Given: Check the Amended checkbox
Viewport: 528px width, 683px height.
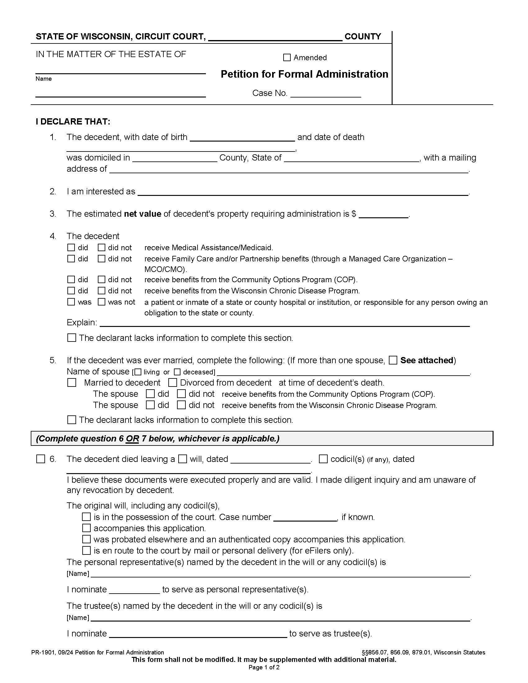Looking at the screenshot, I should point(287,57).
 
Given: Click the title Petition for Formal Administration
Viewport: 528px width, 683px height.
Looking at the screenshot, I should point(304,74).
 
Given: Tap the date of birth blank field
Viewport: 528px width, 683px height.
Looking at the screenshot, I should point(242,138).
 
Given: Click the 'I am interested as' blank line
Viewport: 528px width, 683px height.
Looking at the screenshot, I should point(303,192).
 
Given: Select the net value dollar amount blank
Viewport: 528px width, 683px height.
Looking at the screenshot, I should point(384,214).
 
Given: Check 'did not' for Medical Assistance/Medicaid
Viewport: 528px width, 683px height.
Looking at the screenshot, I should point(101,248).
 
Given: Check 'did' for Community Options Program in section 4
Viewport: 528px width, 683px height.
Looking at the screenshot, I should point(71,279).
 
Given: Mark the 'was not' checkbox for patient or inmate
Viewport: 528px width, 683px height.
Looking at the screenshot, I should point(101,302).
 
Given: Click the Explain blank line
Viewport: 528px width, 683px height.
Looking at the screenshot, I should point(284,323).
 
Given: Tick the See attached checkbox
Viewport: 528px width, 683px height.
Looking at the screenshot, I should point(393,360).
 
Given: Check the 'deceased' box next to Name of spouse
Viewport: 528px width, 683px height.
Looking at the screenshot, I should point(177,372).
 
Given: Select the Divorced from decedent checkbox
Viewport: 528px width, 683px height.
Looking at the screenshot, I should point(172,382).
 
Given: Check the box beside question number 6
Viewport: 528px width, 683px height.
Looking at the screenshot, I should point(41,459).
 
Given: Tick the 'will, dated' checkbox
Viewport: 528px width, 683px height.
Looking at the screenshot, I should point(182,459).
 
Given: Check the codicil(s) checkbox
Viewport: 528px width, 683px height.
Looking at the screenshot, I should point(323,459).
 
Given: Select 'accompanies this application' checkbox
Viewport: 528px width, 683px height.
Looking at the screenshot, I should point(86,528).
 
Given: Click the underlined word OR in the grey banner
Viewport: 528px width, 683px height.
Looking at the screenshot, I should point(132,439).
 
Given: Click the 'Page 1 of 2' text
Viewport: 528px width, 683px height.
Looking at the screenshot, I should point(264,668).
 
